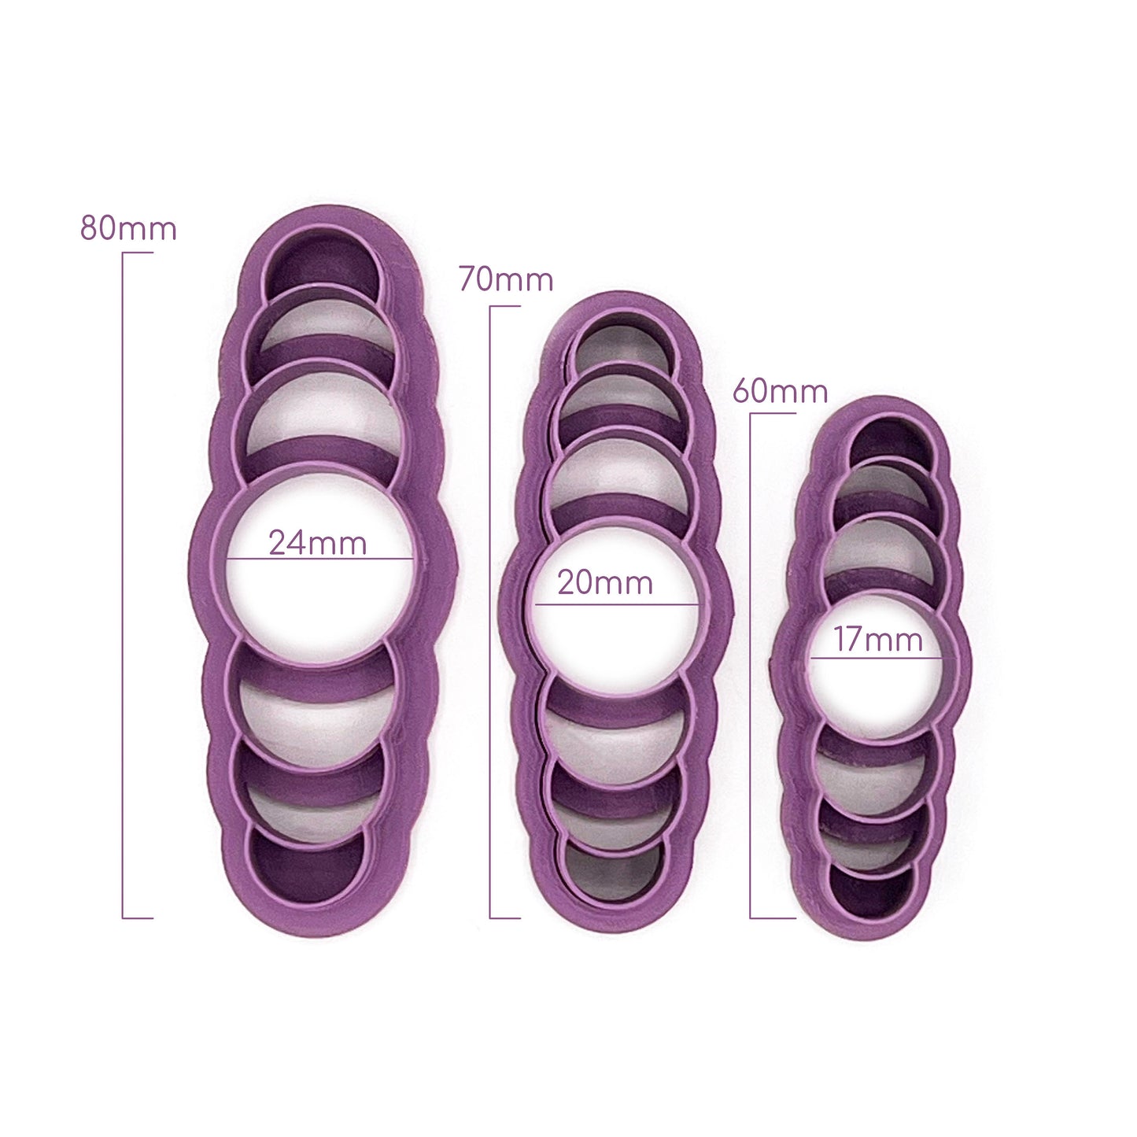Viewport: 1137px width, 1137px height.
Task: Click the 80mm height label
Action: pos(128,228)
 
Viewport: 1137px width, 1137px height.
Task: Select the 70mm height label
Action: pos(506,279)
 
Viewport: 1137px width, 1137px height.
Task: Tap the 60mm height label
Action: pos(780,390)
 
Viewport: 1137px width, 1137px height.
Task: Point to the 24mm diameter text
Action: pos(317,543)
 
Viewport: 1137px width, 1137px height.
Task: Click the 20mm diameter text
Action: pos(605,583)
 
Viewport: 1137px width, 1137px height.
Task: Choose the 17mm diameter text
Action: pos(878,639)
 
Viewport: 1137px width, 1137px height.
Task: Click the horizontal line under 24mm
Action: pos(319,559)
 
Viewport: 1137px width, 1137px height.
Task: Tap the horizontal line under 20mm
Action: pos(616,605)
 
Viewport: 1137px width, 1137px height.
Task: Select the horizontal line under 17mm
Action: pos(877,657)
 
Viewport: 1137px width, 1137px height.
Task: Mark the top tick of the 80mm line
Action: pos(137,253)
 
